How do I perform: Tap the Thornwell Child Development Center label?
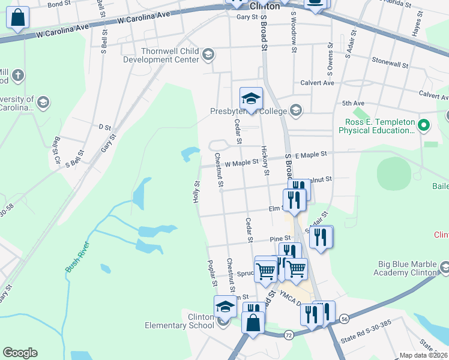tap(169, 56)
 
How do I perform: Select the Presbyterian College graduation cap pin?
tap(251, 98)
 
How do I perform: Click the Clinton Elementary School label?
tap(179, 321)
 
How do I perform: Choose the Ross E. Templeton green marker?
tap(424, 125)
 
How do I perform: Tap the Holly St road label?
tap(196, 192)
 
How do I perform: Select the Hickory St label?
tap(264, 161)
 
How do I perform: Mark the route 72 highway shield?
tap(288, 333)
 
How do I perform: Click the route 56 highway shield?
tap(343, 319)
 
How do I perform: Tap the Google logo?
tap(20, 353)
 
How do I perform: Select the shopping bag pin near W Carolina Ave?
tap(17, 18)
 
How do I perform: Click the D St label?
tap(105, 127)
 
